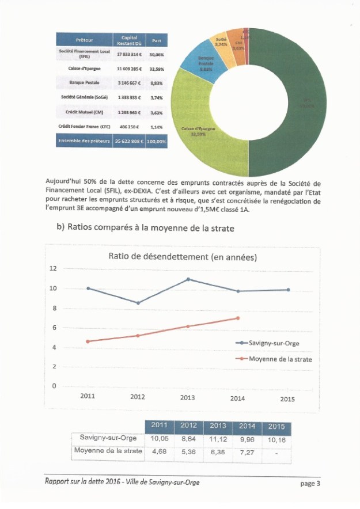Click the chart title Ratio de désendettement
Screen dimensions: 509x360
[183, 257]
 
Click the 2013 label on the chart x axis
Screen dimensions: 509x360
[188, 398]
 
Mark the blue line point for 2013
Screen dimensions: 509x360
[188, 279]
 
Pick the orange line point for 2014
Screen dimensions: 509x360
[238, 318]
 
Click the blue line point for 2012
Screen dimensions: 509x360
[138, 303]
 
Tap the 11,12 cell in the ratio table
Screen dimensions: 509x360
[218, 439]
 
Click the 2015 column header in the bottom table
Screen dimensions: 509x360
[276, 426]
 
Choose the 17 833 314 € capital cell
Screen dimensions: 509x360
[129, 54]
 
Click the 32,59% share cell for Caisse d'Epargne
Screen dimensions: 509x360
[156, 69]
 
